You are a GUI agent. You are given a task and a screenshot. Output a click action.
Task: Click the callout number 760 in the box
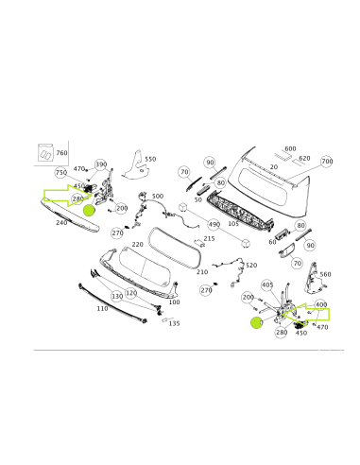[x=61, y=152]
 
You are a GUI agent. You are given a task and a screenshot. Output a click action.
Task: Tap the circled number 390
[x=101, y=164]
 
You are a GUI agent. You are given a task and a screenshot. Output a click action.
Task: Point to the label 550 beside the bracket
[x=149, y=160]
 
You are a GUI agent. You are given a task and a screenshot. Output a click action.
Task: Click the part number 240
[x=61, y=222]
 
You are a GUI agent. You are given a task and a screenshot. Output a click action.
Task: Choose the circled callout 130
[x=117, y=296]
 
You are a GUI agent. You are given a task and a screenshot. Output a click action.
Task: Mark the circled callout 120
[x=132, y=294]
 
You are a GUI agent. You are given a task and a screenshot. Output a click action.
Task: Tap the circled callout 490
[x=214, y=224]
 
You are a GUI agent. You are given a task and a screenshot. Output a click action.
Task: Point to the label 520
[x=250, y=266]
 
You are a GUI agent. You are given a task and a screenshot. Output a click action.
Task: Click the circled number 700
[x=327, y=162]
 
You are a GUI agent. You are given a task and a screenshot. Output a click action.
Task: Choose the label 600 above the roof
[x=290, y=148]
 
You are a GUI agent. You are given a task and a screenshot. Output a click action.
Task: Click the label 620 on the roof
[x=304, y=158]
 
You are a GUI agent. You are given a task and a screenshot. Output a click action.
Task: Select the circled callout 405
[x=266, y=284]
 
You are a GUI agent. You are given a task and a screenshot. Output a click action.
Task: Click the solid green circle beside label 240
[x=90, y=210]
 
